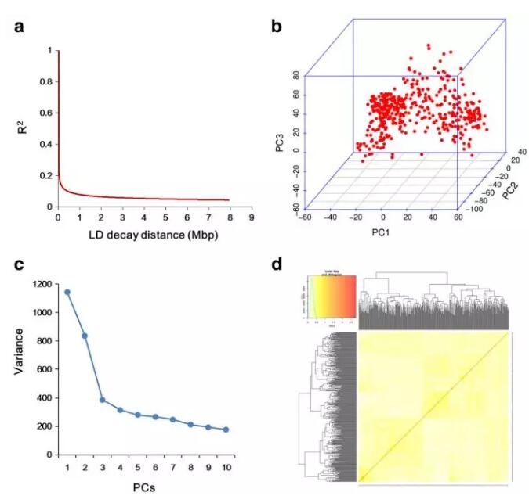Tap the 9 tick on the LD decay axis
252,218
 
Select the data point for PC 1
67,292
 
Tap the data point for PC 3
102,399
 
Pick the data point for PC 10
226,430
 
